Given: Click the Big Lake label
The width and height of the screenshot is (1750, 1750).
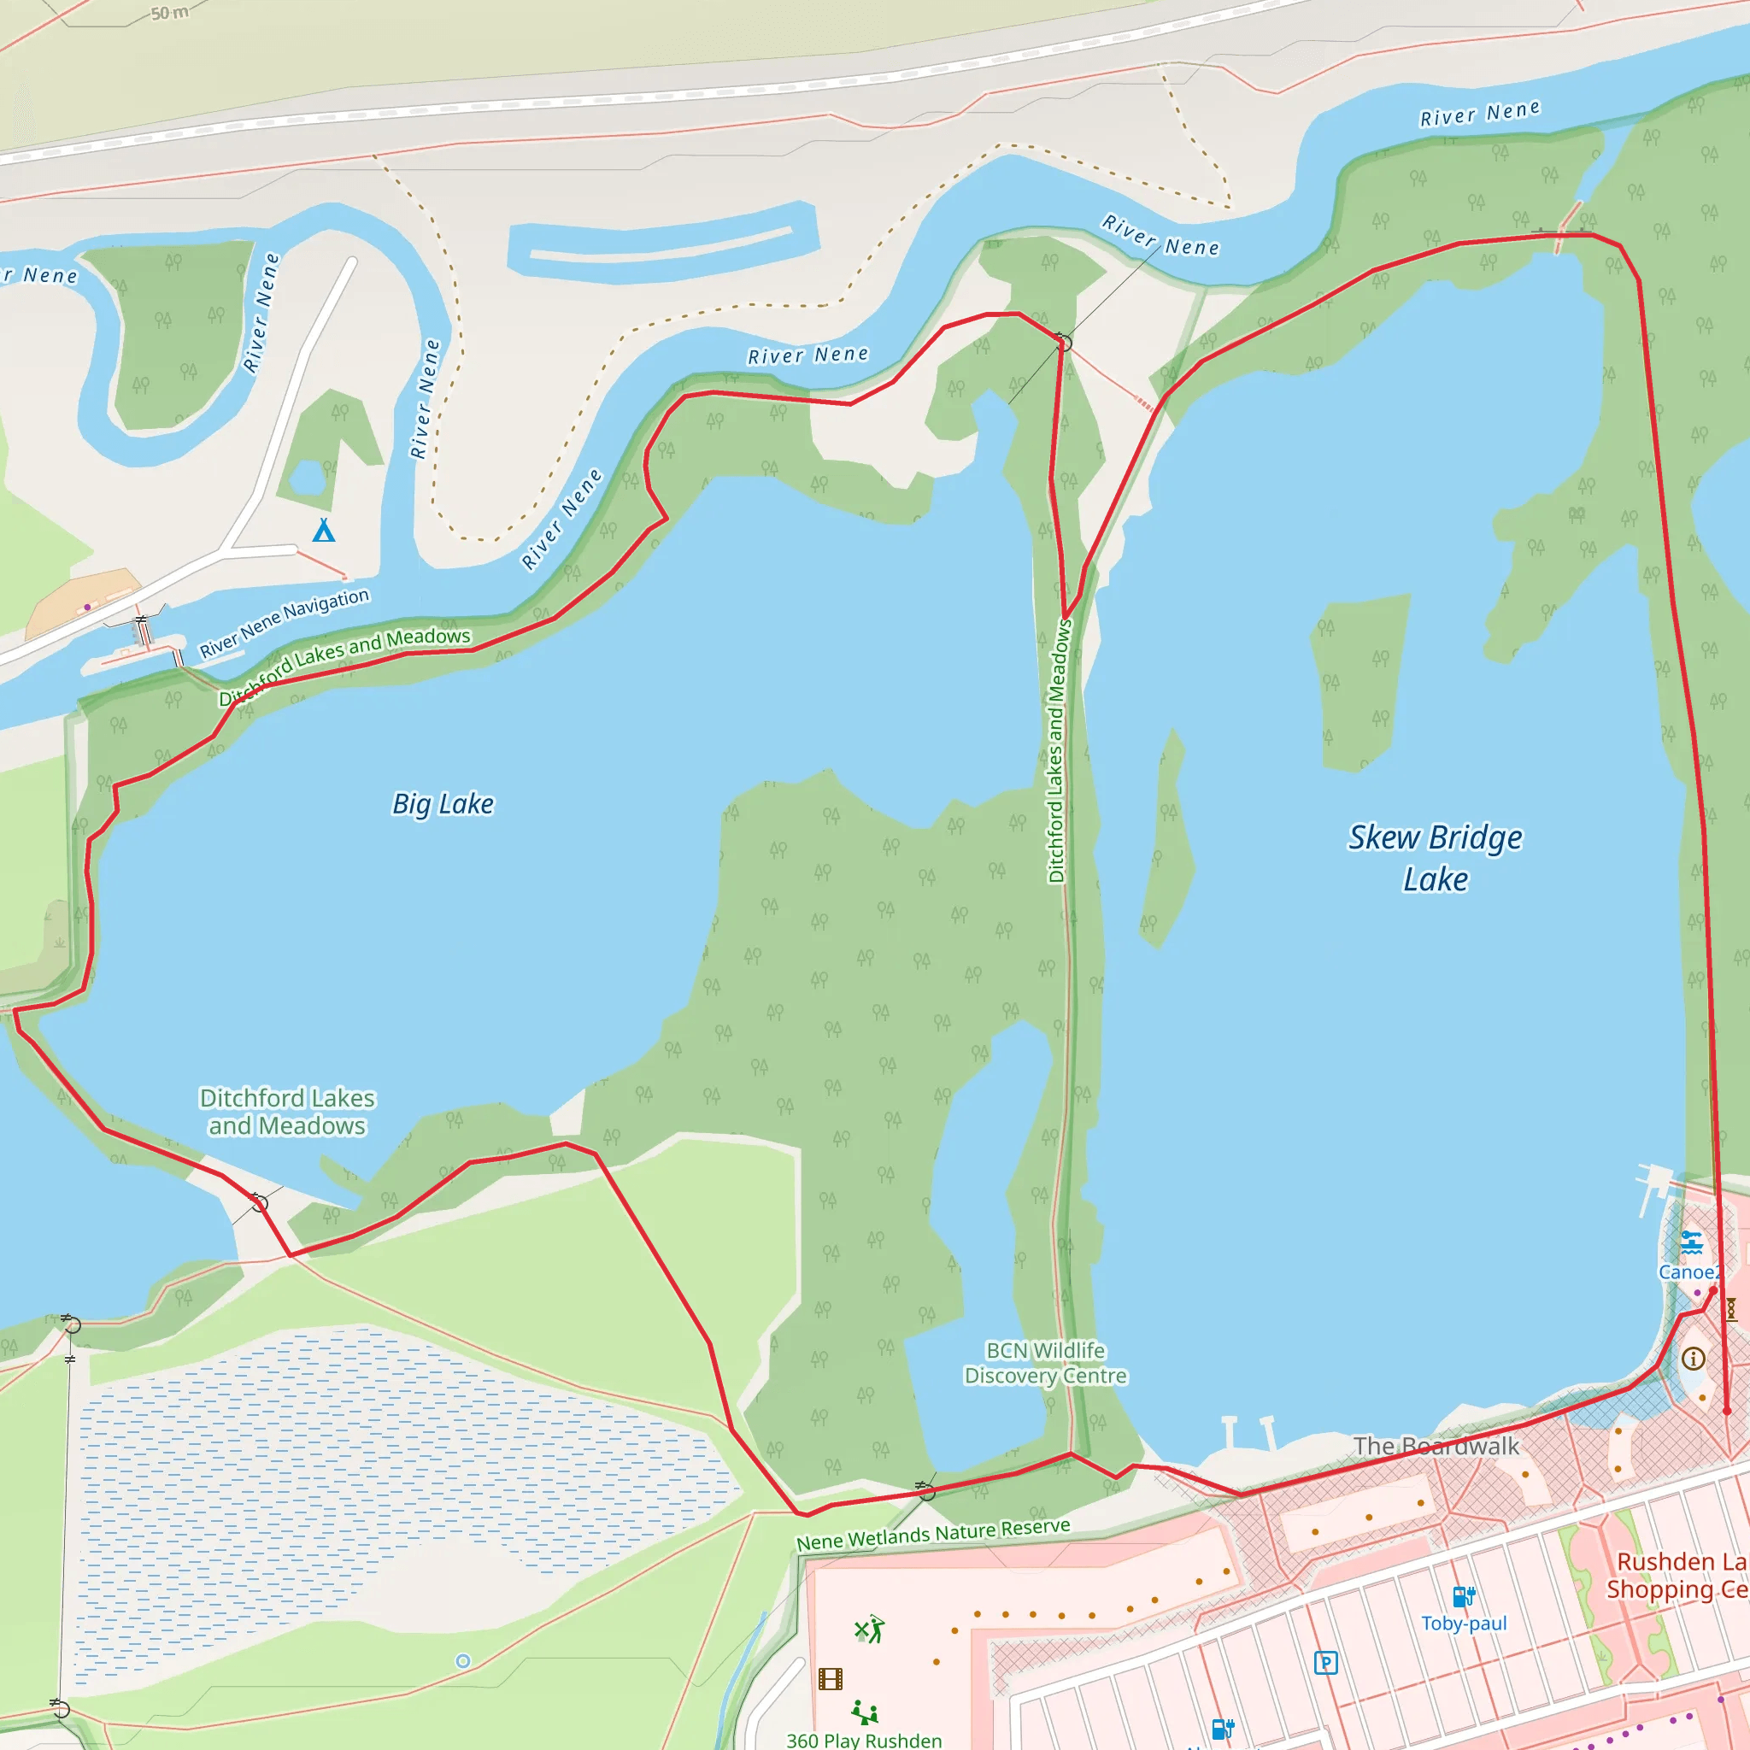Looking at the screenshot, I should point(443,804).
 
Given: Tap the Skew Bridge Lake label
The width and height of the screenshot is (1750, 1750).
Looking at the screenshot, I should point(1435,858).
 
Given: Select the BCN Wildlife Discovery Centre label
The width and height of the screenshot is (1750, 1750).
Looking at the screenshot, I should point(1045,1363).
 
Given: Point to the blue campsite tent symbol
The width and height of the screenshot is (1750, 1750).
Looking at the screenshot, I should point(323,530).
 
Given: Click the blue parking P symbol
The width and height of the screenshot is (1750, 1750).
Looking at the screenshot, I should point(1325,1662).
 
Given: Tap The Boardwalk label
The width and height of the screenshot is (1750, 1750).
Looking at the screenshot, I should point(1436,1446).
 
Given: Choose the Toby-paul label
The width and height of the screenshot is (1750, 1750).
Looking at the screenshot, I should point(1463,1624).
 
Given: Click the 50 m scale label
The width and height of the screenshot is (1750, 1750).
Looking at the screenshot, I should point(169,14).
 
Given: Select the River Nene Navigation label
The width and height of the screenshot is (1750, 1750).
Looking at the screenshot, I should point(285,622).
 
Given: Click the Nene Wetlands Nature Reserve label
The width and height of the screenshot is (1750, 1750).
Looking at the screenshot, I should point(933,1535).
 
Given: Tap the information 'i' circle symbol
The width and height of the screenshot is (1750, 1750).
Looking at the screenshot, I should point(1693,1359).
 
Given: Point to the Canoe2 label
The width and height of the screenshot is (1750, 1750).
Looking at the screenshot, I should point(1688,1271).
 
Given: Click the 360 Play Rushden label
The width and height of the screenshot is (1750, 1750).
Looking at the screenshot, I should point(863,1740).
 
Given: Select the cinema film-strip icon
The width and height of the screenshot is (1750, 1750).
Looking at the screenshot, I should point(830,1679).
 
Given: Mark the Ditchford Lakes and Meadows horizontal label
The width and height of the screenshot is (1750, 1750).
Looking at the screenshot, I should point(287,1112).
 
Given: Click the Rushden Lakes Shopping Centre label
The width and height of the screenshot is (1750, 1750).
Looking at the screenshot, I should point(1677,1575).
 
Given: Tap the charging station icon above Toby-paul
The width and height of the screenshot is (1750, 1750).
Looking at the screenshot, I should point(1464,1597).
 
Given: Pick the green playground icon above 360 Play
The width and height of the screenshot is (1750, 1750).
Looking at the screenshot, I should point(865,1712).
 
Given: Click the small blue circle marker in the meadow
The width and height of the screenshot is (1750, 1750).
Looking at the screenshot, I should point(463,1661).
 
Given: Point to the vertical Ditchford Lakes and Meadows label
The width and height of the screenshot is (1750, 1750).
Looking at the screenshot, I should point(1057,751).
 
